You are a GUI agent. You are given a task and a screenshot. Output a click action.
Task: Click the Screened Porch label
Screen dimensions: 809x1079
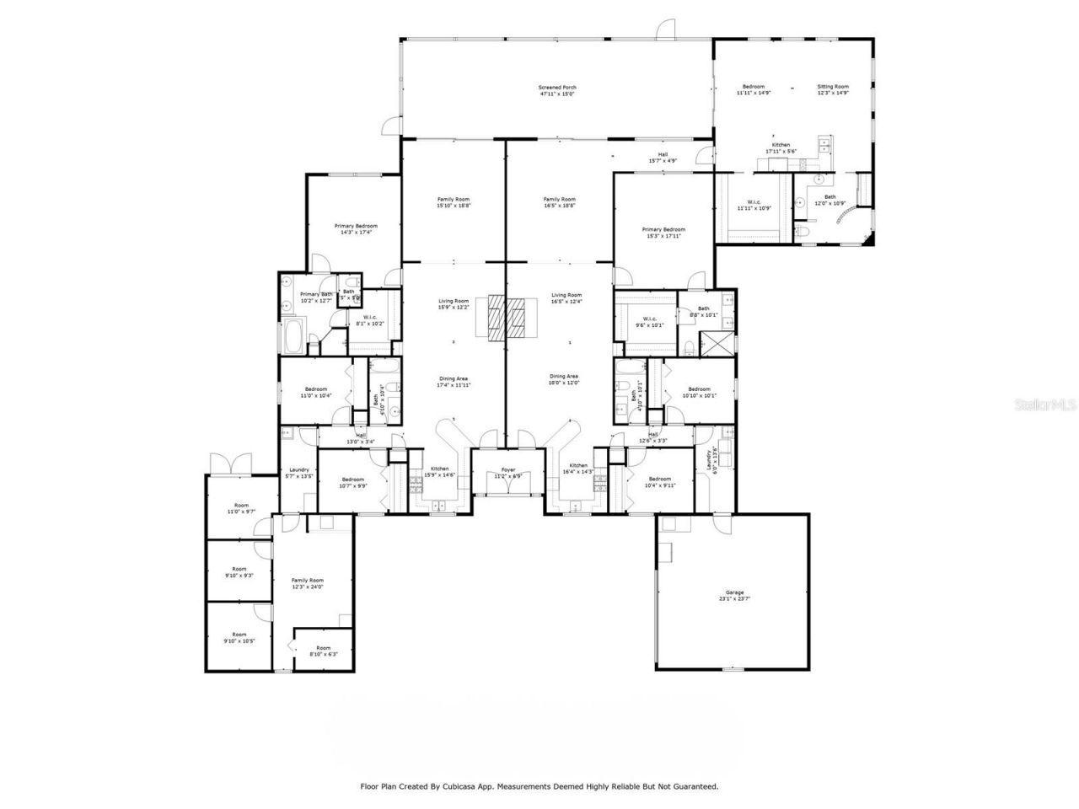pyautogui.click(x=557, y=90)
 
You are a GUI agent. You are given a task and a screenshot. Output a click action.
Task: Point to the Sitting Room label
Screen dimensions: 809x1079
pyautogui.click(x=833, y=89)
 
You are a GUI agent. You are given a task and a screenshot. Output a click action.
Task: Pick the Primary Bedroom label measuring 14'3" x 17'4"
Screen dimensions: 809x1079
pyautogui.click(x=355, y=229)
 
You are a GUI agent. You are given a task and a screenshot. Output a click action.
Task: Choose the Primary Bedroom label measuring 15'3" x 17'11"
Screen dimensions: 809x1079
pyautogui.click(x=663, y=233)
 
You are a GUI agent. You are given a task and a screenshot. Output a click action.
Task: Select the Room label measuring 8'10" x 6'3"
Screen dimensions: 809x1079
pyautogui.click(x=323, y=651)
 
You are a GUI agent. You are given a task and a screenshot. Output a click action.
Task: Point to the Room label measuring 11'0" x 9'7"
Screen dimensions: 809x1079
pyautogui.click(x=240, y=508)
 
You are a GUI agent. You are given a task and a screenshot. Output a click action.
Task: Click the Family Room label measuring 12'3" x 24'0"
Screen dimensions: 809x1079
pyautogui.click(x=308, y=583)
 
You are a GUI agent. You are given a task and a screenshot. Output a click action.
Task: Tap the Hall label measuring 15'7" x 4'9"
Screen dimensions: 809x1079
pyautogui.click(x=663, y=157)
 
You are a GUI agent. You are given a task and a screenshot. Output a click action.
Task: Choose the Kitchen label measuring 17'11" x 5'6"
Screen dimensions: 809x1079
pyautogui.click(x=781, y=148)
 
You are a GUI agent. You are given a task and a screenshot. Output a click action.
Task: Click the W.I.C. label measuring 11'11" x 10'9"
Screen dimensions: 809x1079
pyautogui.click(x=754, y=205)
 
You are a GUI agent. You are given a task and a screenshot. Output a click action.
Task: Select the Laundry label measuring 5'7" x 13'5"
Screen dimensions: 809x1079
pyautogui.click(x=298, y=473)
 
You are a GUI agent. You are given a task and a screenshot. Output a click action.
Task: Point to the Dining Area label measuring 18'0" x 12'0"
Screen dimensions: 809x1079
pyautogui.click(x=564, y=379)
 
